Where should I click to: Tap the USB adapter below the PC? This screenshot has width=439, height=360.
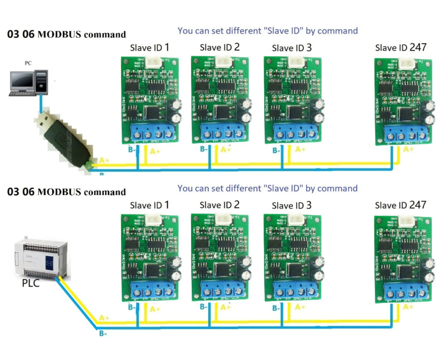coord(64,136)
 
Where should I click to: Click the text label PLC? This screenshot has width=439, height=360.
coord(30,284)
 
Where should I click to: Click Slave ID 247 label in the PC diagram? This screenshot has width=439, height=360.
coord(401,47)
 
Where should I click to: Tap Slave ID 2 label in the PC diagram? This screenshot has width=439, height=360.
coord(220,47)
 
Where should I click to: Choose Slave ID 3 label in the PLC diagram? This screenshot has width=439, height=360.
coord(292,205)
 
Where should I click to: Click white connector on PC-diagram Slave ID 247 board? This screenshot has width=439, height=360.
coord(407,64)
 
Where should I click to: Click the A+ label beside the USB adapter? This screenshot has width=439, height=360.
coord(104,160)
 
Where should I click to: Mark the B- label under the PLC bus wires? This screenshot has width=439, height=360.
coord(103,334)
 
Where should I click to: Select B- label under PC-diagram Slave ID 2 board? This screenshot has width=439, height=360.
coord(205,150)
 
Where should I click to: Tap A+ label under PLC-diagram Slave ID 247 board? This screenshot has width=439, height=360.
coord(409,307)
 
